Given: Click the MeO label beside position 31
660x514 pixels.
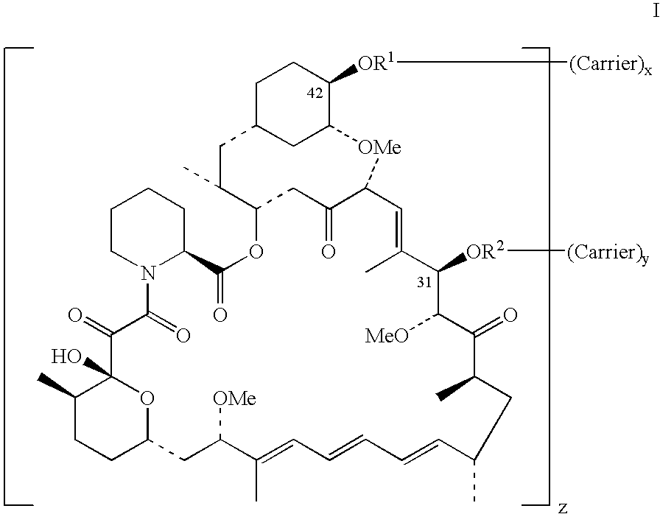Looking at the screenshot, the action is (x=386, y=337).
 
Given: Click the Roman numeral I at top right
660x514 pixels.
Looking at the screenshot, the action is (x=656, y=11).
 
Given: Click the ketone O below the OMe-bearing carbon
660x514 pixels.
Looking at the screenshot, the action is (x=329, y=251).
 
